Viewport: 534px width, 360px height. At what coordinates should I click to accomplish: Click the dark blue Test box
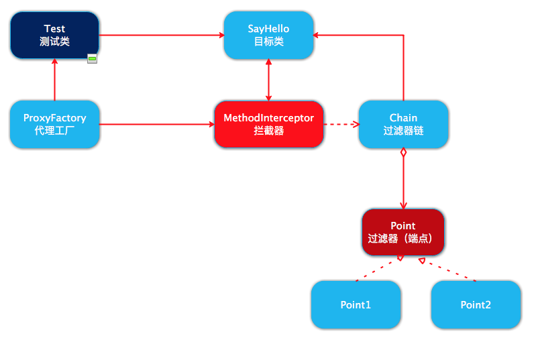54,35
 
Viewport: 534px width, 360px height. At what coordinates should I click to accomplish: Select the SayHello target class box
268,35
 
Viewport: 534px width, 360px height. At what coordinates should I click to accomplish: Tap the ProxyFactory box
54,124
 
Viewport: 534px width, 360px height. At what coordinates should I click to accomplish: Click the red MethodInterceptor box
268,124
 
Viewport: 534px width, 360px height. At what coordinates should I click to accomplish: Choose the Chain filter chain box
403,124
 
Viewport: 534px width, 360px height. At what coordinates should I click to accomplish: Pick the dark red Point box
403,232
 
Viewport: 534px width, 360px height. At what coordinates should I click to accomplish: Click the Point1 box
356,304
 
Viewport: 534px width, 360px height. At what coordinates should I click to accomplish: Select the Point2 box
476,304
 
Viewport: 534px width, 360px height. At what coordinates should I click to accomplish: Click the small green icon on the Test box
93,60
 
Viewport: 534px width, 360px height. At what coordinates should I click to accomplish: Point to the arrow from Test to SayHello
161,35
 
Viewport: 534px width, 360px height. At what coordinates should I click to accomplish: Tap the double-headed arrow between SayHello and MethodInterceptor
268,79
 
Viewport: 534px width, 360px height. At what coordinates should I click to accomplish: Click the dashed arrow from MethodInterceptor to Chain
341,124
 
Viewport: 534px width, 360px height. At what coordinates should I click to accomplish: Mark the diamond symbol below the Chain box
403,153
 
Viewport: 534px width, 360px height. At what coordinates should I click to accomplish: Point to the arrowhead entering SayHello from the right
318,35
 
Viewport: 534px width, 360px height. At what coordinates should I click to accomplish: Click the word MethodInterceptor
268,118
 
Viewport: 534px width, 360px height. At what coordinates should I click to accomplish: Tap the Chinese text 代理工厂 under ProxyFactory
54,131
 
